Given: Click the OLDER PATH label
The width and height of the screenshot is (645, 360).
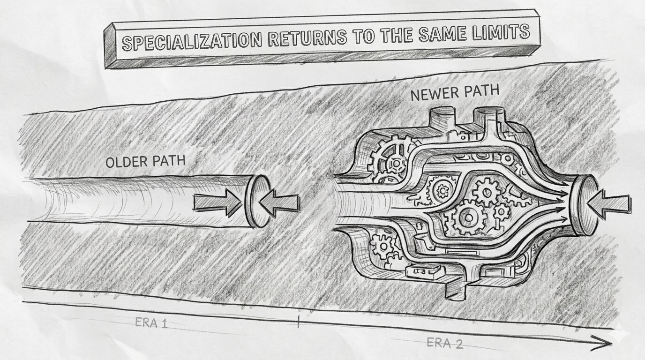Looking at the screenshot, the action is [145, 161].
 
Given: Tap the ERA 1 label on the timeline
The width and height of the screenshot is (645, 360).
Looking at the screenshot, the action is [151, 323].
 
